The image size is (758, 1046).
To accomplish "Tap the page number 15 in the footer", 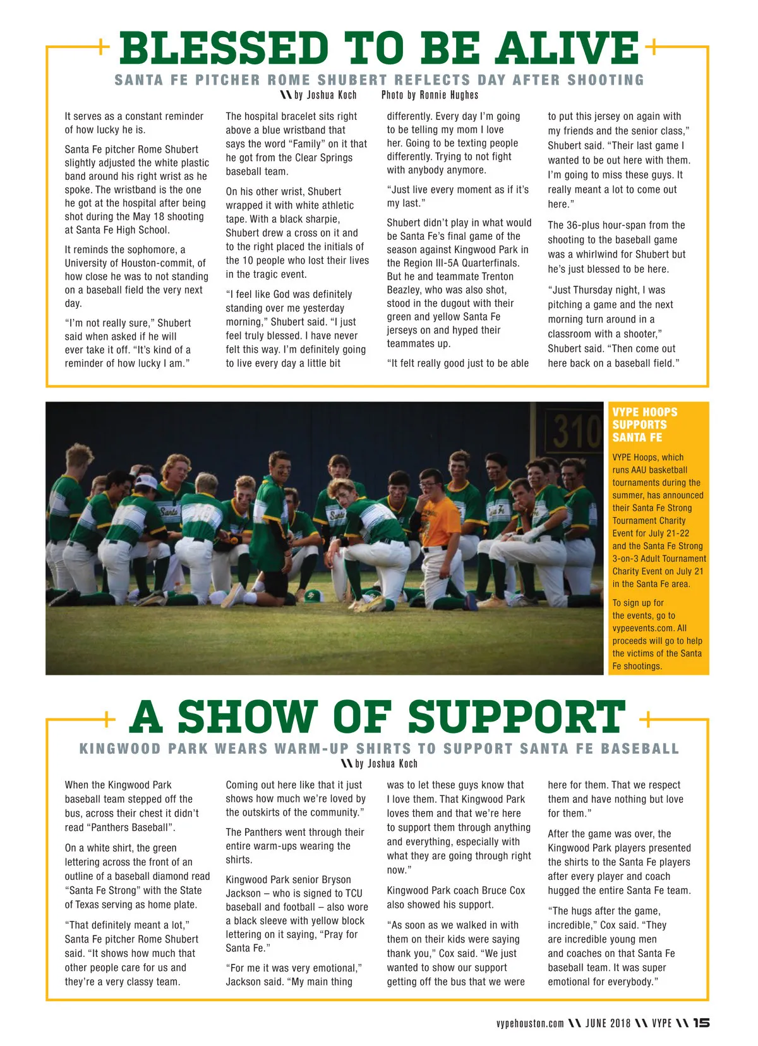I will [701, 1023].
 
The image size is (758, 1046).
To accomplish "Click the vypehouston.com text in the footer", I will [529, 1023].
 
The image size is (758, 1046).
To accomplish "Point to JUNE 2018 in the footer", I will [608, 1023].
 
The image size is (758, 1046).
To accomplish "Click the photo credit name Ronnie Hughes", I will [449, 95].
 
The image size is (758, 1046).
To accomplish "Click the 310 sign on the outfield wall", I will [576, 432].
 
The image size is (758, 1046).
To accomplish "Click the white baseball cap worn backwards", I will [147, 483].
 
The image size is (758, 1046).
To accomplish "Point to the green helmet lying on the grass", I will [314, 595].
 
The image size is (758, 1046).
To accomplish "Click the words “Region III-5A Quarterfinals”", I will [453, 263].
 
